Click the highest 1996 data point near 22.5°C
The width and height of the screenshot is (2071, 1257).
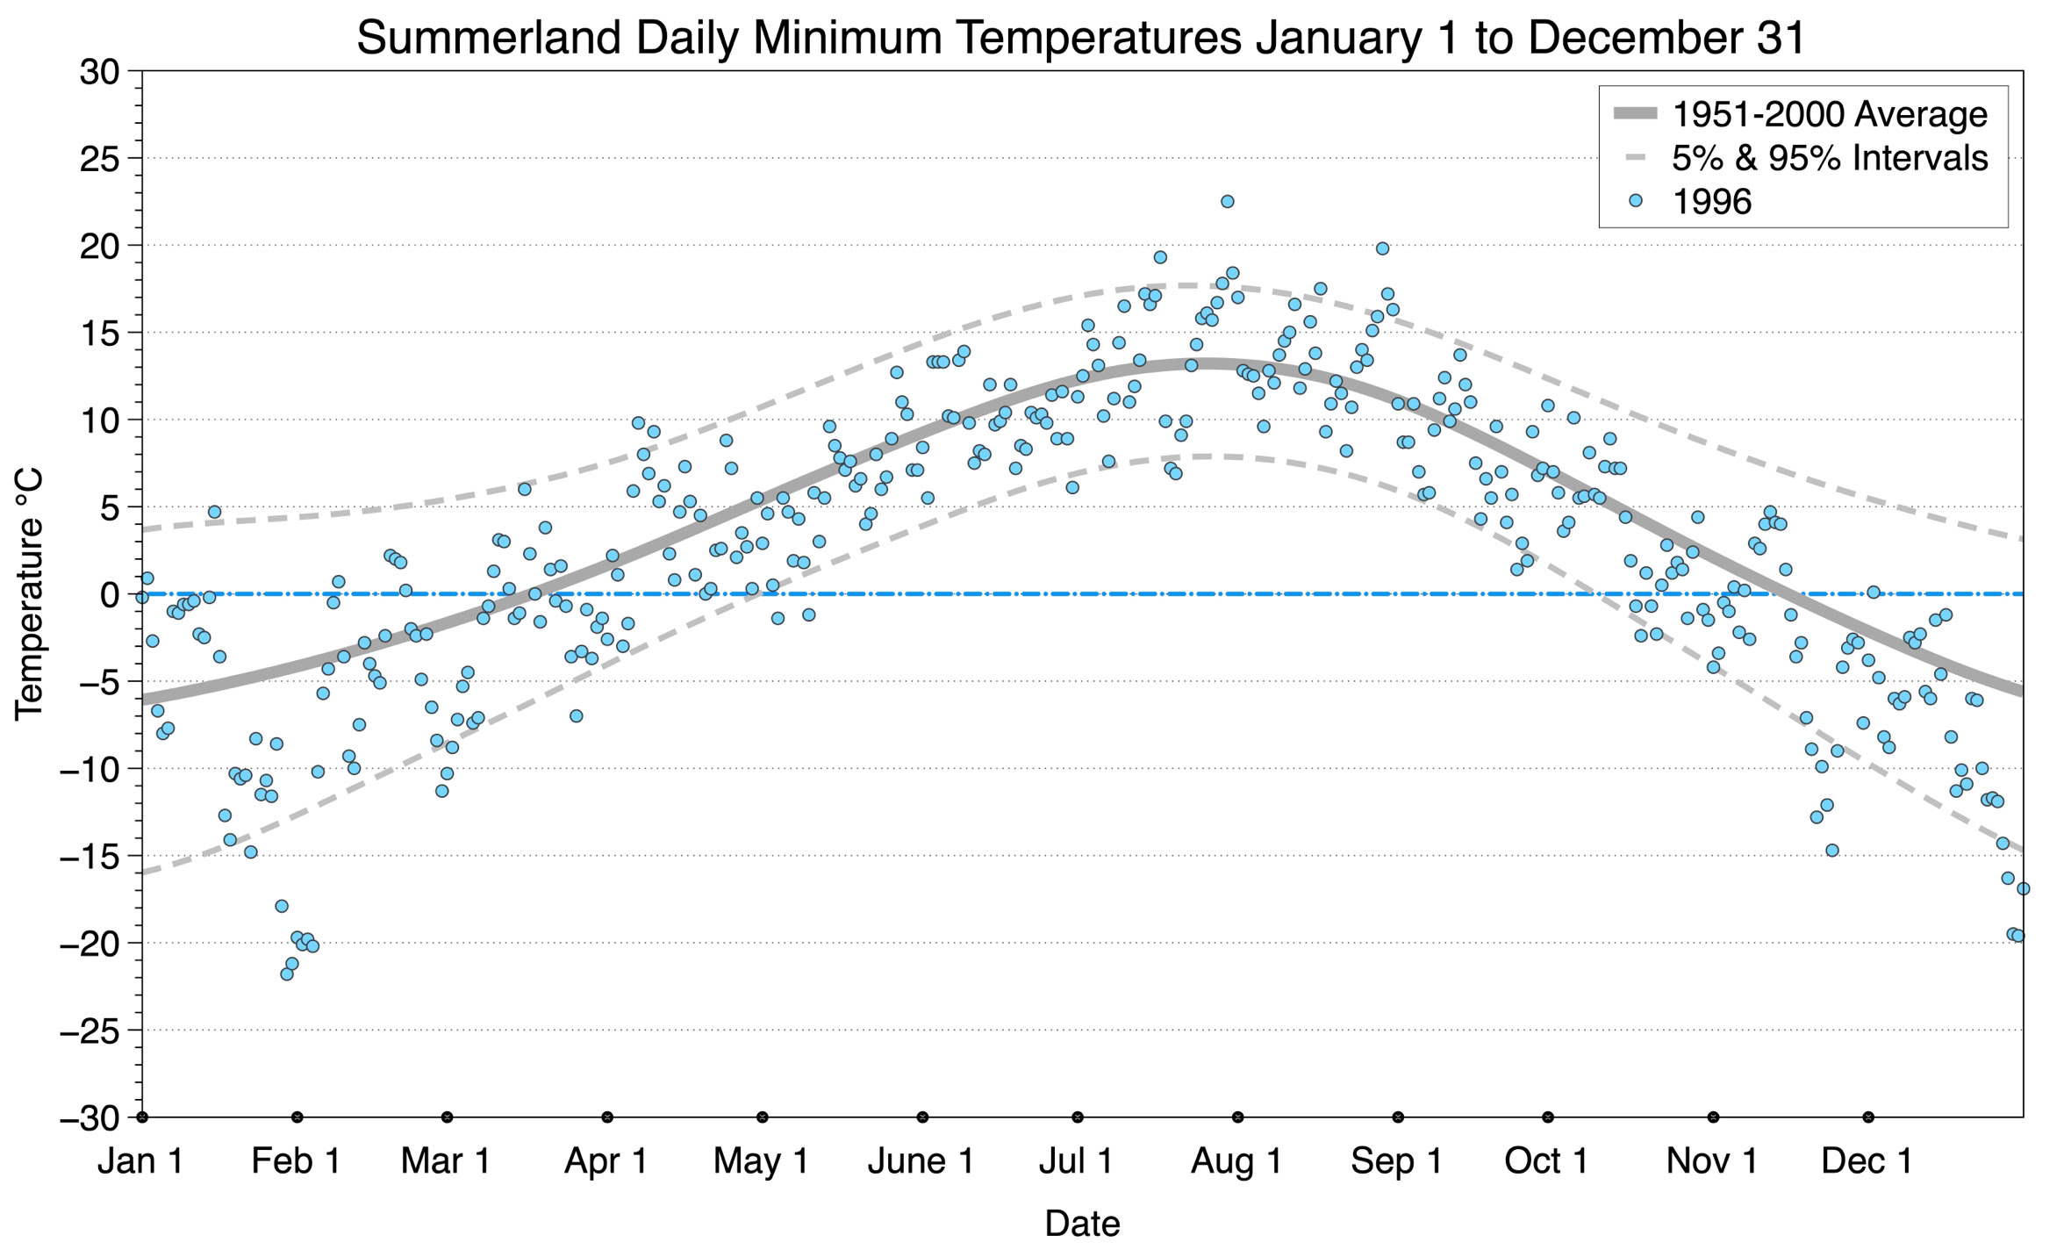tap(1228, 202)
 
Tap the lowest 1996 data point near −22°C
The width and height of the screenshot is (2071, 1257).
tap(287, 973)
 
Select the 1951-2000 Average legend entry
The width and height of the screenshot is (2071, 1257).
tap(1829, 114)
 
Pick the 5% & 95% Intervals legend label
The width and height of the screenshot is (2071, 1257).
tap(1829, 158)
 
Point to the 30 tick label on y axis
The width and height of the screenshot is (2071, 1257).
tap(99, 72)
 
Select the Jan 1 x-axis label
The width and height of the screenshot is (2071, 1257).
tap(141, 1161)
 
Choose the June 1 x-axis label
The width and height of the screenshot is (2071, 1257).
tap(921, 1161)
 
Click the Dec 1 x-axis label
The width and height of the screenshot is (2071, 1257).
tap(1867, 1161)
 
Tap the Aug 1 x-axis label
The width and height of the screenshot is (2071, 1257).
tap(1236, 1161)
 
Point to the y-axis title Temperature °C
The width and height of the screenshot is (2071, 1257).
tap(30, 595)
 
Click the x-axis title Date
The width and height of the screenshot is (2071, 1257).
tap(1082, 1224)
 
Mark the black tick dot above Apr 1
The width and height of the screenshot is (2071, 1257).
tap(607, 1117)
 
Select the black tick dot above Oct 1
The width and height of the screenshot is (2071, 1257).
tap(1548, 1117)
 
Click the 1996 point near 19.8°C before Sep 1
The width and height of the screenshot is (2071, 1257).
tap(1382, 249)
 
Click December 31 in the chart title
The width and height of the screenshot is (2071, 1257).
tap(1666, 39)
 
